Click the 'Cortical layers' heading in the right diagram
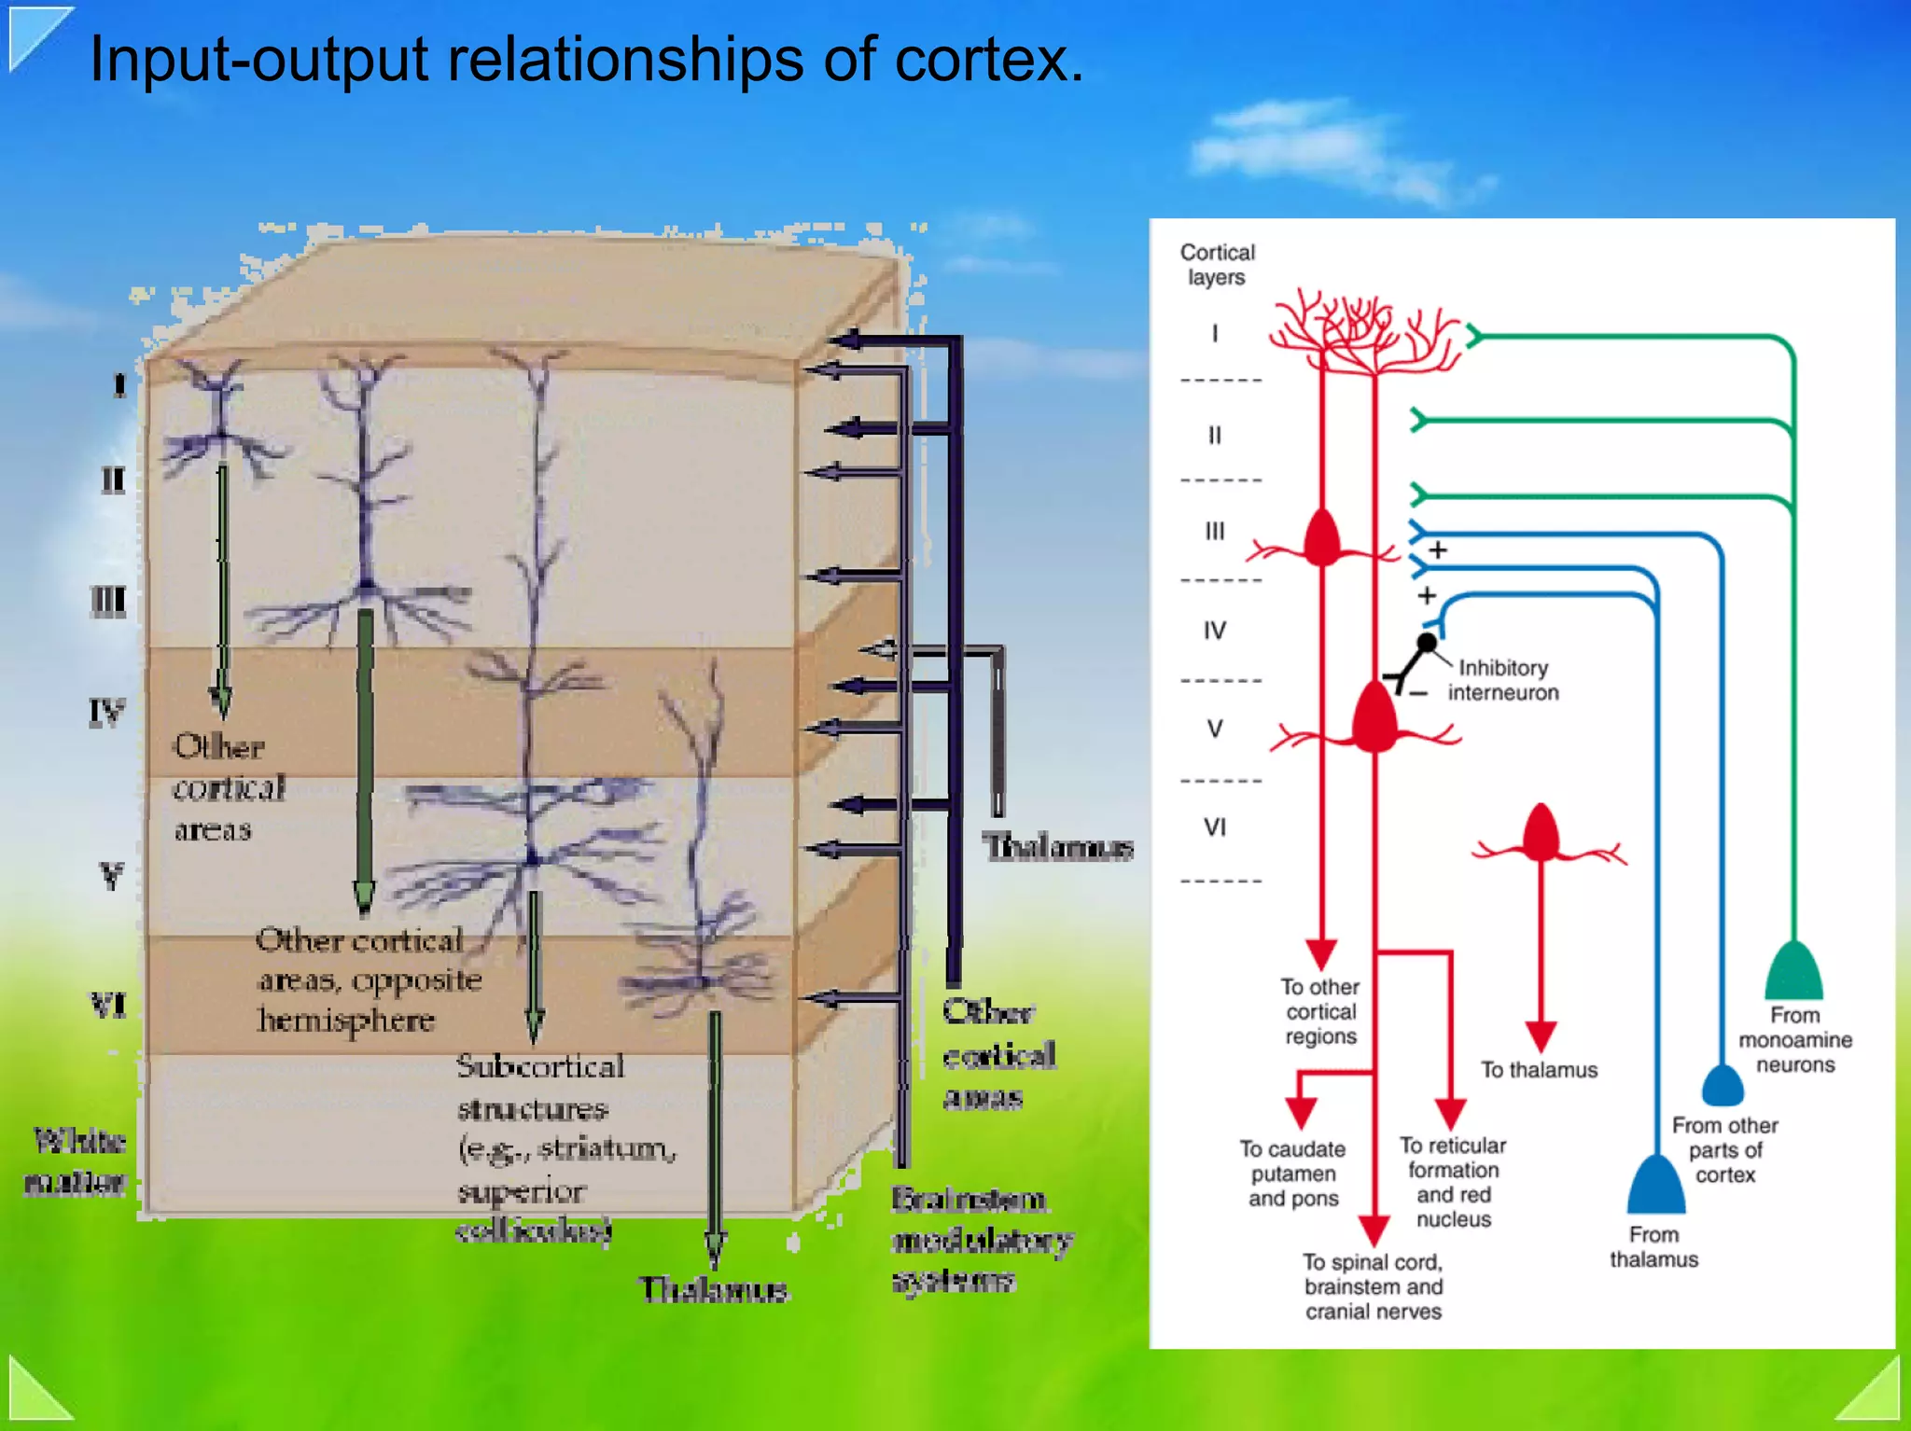coord(1217,265)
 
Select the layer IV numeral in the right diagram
coord(1214,632)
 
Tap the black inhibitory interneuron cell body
coord(1427,643)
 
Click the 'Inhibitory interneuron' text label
coord(1502,680)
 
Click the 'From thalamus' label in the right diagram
coord(1653,1247)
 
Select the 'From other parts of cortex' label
coord(1724,1150)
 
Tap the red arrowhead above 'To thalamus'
coord(1541,1035)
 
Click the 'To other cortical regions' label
coord(1320,1012)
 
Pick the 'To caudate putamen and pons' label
coord(1293,1174)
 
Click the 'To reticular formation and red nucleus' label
coord(1453,1182)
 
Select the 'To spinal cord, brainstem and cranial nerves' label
coord(1373,1287)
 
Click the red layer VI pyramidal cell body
coord(1541,833)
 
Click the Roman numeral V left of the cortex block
coord(112,877)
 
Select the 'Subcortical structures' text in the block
coord(539,1088)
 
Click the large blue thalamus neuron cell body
coord(1655,1187)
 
